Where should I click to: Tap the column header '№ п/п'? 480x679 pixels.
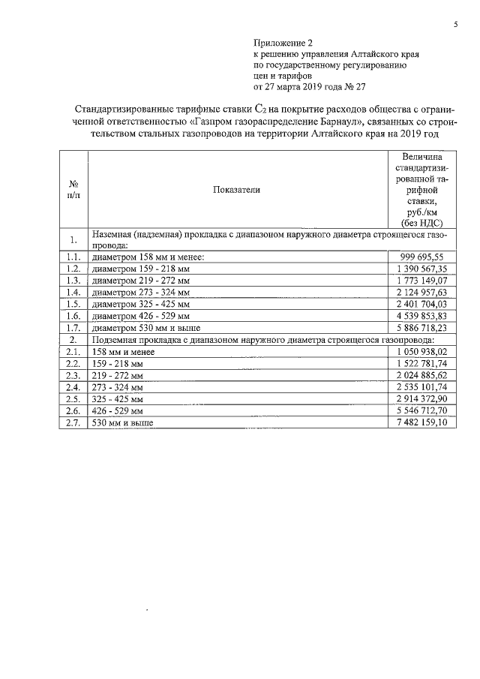coord(74,190)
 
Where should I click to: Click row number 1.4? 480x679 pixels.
coord(73,292)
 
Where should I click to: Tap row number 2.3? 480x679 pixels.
coord(73,375)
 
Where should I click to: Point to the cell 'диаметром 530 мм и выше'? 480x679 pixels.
coord(139,328)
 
